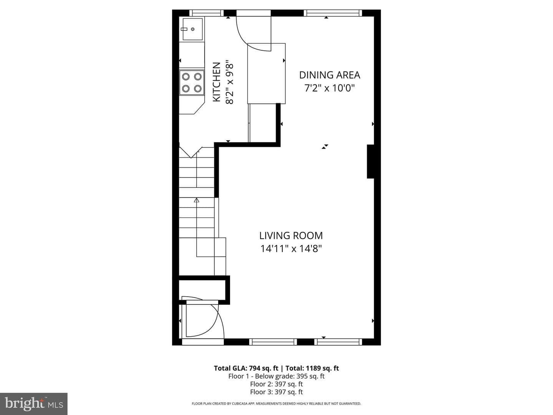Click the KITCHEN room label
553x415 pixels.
217,82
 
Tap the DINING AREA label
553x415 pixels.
329,75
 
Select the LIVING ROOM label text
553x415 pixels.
291,236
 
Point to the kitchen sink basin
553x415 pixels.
192,29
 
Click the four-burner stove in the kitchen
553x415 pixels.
192,82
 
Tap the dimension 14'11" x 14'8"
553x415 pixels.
291,249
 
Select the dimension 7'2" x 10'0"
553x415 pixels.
329,88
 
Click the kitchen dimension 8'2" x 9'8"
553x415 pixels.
230,82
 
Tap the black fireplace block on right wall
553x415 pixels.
370,161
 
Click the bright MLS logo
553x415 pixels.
34,404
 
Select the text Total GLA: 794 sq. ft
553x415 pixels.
246,368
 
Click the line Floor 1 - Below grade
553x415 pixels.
276,376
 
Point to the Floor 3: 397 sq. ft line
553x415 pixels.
276,392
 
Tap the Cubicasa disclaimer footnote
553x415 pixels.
276,403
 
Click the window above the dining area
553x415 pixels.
333,13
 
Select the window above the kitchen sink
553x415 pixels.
206,13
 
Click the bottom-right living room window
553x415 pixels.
338,342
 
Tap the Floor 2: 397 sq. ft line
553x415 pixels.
276,384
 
